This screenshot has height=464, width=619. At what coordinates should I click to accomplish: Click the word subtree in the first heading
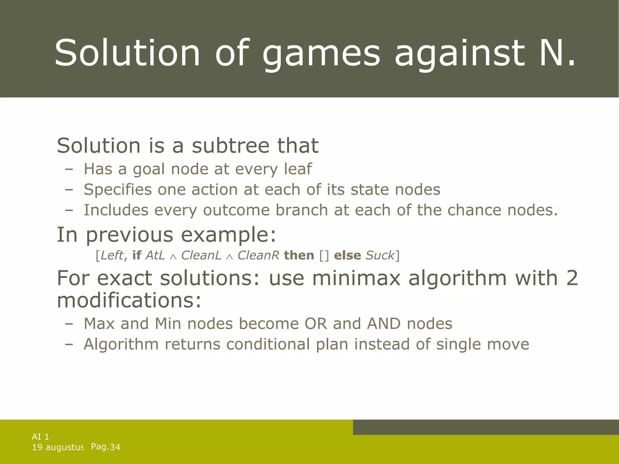pyautogui.click(x=230, y=146)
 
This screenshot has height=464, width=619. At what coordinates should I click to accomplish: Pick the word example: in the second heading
pyautogui.click(x=228, y=235)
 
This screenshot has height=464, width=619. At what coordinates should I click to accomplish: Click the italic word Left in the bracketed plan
pyautogui.click(x=112, y=256)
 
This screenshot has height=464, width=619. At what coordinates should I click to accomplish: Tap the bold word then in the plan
pyautogui.click(x=299, y=256)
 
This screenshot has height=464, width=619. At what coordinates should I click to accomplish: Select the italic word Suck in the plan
pyautogui.click(x=380, y=256)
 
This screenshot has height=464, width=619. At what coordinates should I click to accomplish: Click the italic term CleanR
pyautogui.click(x=258, y=256)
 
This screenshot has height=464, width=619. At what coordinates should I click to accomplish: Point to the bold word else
pyautogui.click(x=347, y=256)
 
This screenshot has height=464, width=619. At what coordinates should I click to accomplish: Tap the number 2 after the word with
pyautogui.click(x=572, y=278)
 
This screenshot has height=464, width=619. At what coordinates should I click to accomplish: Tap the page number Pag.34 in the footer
pyautogui.click(x=105, y=447)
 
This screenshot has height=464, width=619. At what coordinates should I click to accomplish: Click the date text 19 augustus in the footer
pyautogui.click(x=58, y=447)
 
